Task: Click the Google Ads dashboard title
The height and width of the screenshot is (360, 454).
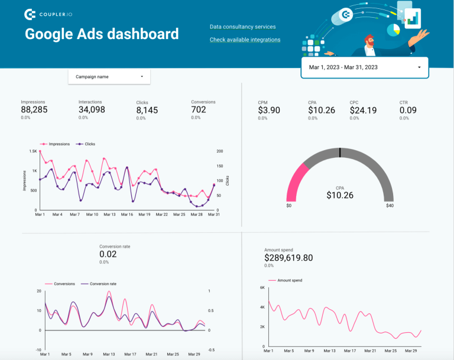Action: click(102, 34)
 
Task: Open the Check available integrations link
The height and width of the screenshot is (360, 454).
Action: click(245, 40)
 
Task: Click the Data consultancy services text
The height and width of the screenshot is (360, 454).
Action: click(242, 27)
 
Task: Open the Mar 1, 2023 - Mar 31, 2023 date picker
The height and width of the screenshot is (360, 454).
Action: click(364, 67)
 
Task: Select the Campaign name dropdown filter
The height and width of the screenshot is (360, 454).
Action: click(109, 77)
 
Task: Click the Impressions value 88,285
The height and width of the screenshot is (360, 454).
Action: click(34, 110)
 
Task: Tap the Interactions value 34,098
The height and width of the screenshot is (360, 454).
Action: click(92, 110)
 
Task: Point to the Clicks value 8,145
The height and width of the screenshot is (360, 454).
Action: click(147, 110)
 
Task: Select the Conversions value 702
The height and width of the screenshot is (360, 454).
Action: click(199, 110)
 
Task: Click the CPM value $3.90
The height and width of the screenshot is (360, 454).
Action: click(269, 110)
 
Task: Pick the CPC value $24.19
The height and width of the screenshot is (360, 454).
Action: click(363, 110)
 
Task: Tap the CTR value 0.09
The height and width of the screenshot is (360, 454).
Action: click(408, 110)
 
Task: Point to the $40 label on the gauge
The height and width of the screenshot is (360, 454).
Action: click(389, 206)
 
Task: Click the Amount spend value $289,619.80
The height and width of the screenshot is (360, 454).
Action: click(288, 258)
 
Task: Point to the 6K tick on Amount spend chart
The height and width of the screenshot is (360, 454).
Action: click(261, 288)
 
